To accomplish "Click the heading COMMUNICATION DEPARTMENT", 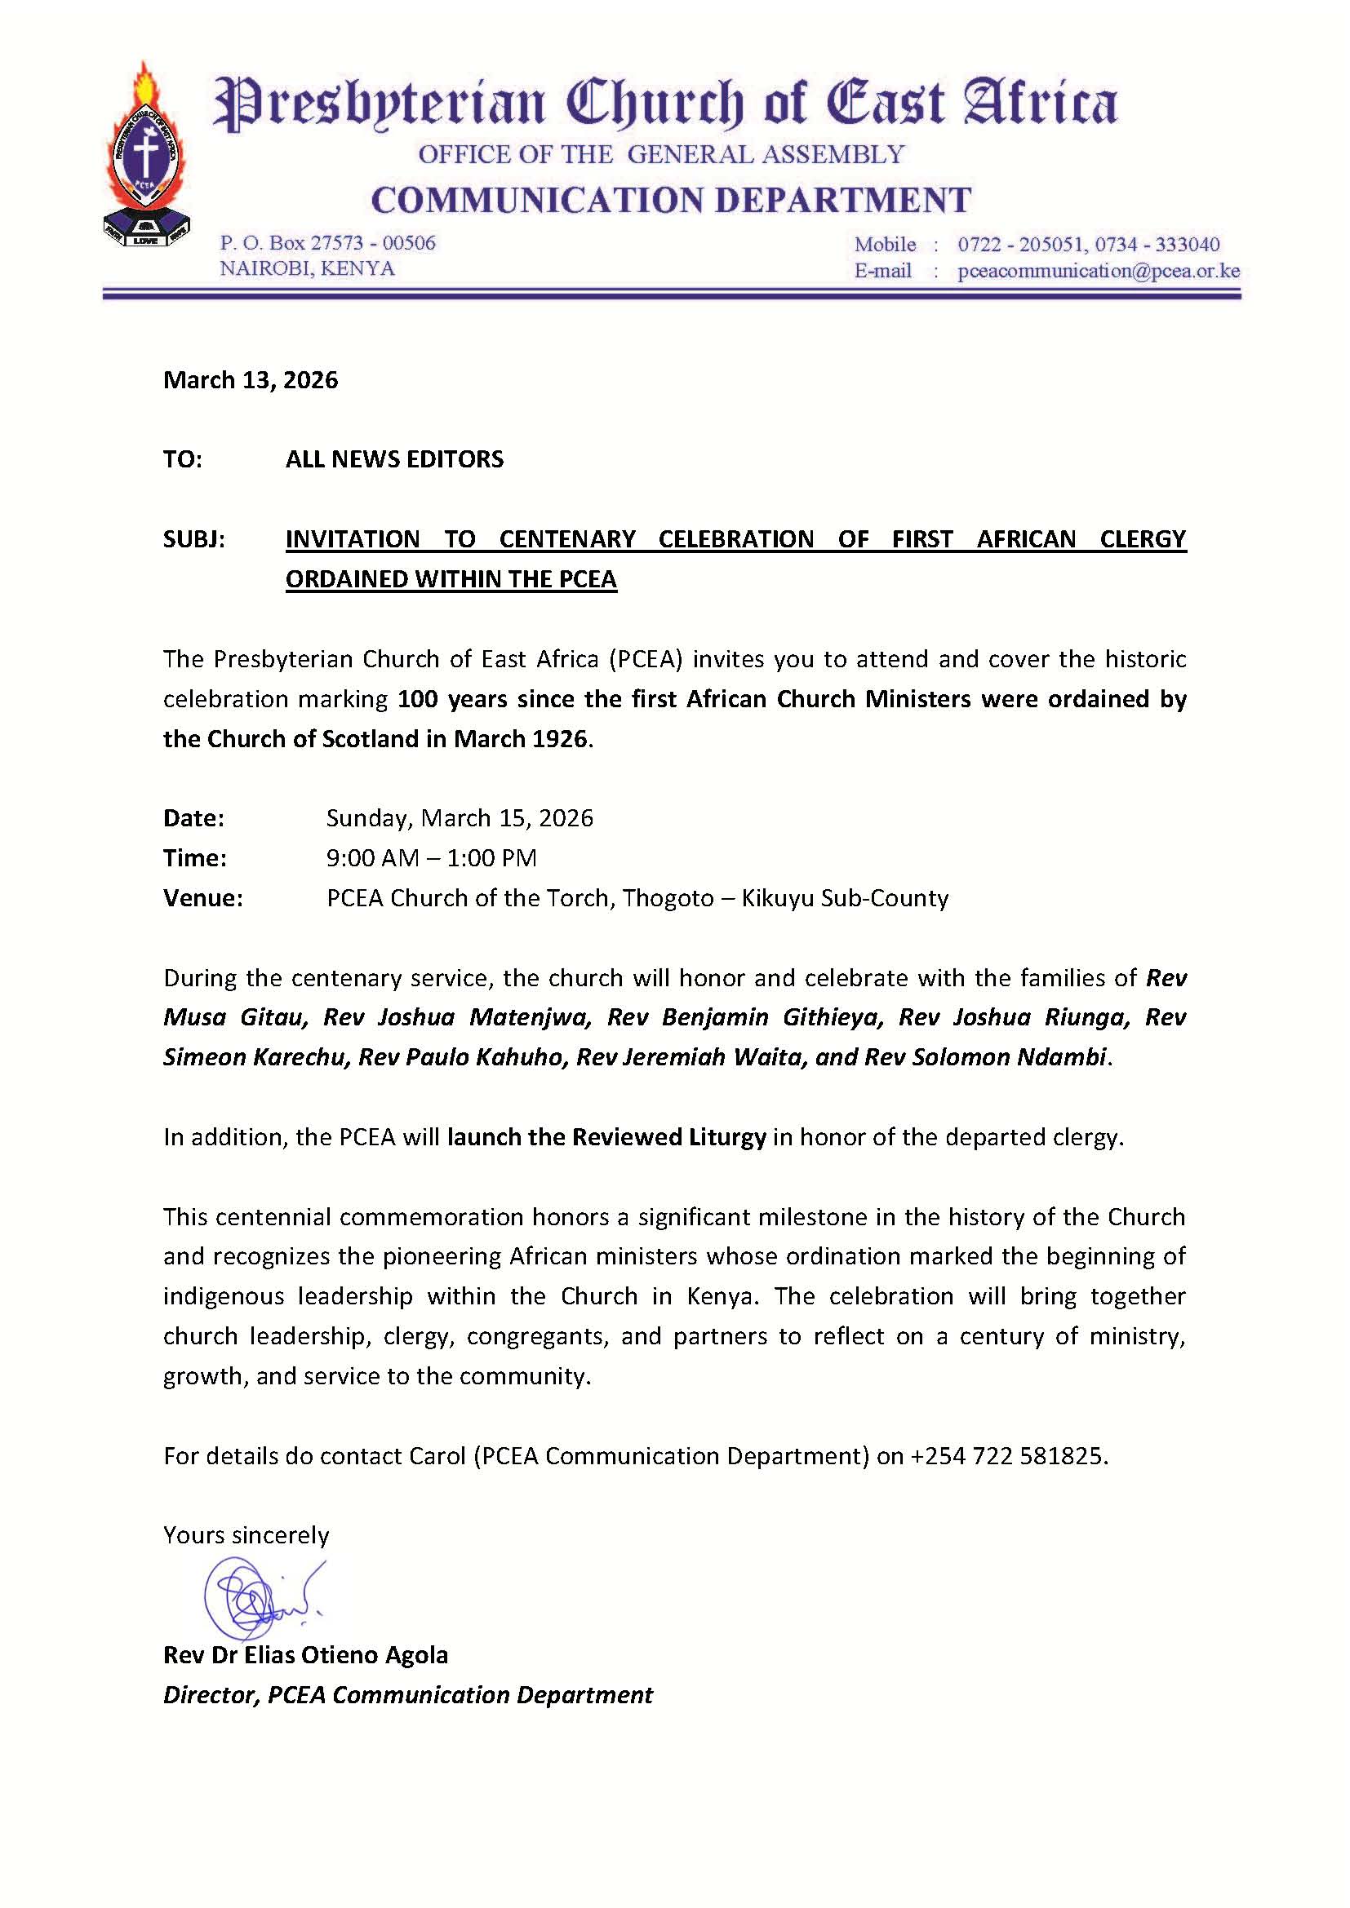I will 671,201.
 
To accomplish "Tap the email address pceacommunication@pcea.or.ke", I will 1098,271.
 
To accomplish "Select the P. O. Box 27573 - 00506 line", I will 327,242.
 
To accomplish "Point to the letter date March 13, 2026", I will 251,381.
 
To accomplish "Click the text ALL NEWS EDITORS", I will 394,459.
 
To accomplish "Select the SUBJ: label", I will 193,539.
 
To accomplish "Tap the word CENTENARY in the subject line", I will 567,539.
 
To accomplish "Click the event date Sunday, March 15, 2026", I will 460,818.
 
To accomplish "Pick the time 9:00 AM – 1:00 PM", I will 432,858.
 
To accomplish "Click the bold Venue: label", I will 203,898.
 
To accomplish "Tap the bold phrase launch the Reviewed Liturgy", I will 606,1137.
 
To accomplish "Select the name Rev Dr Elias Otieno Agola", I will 305,1655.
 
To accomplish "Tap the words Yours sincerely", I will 246,1535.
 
